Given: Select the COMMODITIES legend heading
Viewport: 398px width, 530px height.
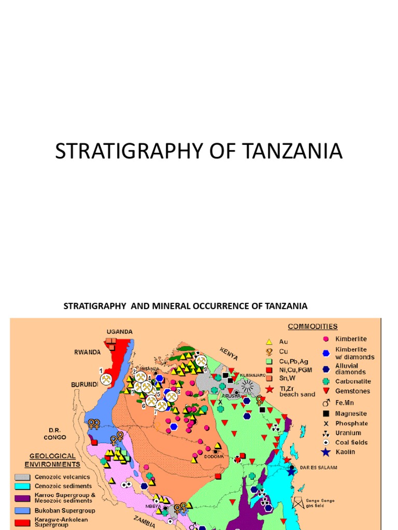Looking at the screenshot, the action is [312, 327].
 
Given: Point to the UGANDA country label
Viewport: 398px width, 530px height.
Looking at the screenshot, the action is [120, 332].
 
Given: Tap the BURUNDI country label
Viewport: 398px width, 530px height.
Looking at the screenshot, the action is [84, 385].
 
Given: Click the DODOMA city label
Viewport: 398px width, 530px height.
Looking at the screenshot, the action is [214, 457].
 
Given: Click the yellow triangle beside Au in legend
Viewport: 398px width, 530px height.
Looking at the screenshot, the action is [269, 342].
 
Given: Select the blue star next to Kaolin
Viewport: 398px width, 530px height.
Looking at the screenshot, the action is [325, 452].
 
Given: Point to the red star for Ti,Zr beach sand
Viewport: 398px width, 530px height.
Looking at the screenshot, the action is [269, 389].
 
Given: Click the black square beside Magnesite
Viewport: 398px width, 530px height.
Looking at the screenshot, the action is [325, 414].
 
